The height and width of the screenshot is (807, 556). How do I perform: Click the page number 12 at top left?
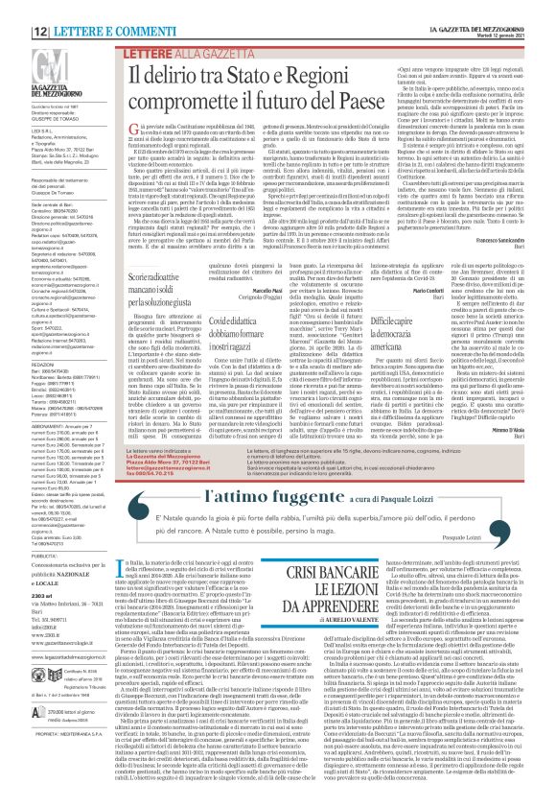point(17,8)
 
